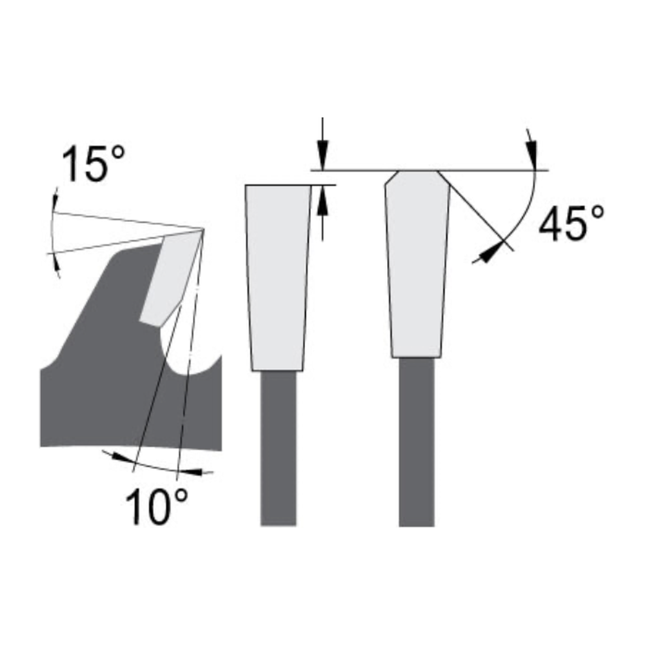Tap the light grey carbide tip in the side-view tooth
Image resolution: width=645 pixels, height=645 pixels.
pyautogui.click(x=170, y=277)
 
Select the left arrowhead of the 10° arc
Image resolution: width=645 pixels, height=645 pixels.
pyautogui.click(x=121, y=457)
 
